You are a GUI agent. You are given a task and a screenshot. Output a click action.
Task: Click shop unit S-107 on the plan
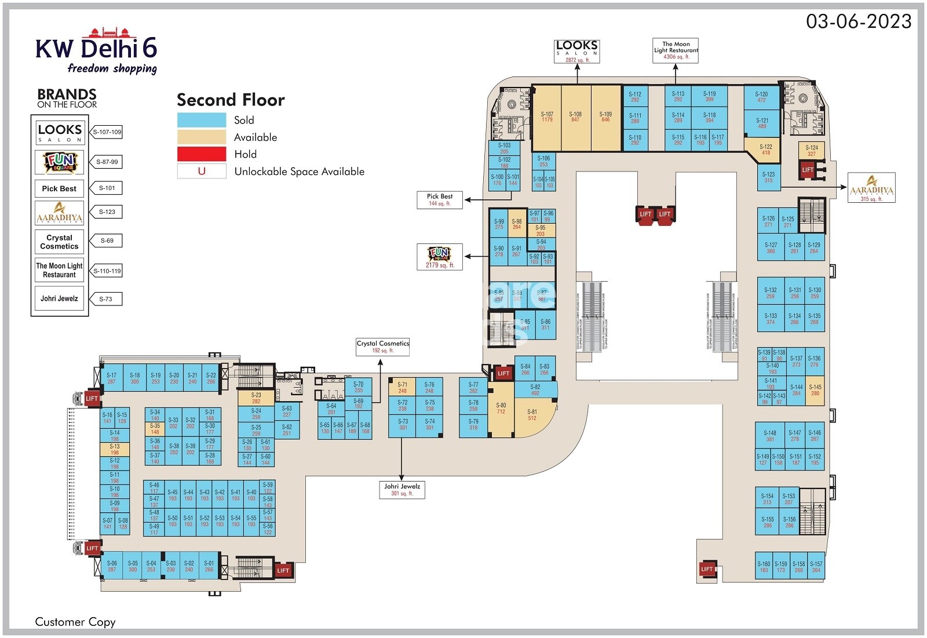[546, 118]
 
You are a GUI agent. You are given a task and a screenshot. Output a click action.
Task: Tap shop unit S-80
[501, 411]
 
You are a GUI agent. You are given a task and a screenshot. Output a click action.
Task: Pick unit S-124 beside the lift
[811, 151]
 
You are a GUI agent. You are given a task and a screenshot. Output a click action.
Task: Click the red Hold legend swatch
[202, 154]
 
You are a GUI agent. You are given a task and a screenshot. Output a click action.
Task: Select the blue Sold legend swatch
[202, 120]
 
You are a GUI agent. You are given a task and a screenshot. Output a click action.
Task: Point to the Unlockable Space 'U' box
[202, 172]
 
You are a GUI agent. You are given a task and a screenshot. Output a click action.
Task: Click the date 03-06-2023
[859, 21]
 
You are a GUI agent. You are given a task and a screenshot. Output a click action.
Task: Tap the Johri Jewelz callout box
[402, 490]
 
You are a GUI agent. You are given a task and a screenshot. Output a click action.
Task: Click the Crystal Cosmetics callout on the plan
[383, 347]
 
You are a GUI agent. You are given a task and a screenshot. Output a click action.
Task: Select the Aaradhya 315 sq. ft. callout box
[871, 188]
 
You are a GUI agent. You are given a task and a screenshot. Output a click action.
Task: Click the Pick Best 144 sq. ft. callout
[440, 200]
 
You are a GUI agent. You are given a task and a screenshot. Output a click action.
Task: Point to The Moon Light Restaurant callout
[676, 50]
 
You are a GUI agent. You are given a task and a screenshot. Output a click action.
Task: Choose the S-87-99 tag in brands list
[107, 162]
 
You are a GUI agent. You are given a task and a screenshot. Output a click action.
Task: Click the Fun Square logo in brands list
[60, 162]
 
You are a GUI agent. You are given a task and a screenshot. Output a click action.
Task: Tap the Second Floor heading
[231, 100]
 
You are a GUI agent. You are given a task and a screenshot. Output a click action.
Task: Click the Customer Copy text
[75, 622]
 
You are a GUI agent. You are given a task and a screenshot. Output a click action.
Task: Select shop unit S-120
[761, 97]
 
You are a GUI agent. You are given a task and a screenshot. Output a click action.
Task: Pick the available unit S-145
[815, 390]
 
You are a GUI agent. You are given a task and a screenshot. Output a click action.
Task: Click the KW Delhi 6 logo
[96, 52]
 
